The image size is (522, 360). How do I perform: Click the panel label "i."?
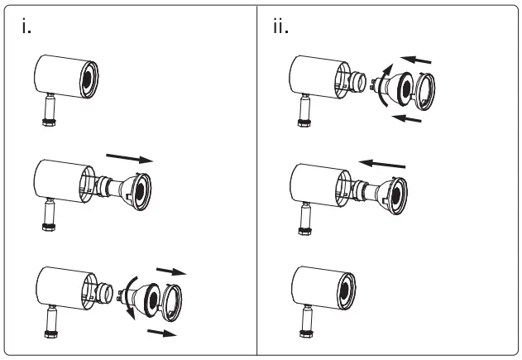click(x=27, y=26)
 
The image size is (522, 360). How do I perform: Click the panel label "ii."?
click(x=281, y=26)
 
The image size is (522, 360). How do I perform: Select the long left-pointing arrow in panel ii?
click(x=381, y=163)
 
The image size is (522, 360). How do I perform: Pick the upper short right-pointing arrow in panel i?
click(x=171, y=270)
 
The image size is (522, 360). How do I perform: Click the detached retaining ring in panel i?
click(x=175, y=303)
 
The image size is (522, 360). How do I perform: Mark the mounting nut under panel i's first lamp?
click(x=47, y=119)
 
